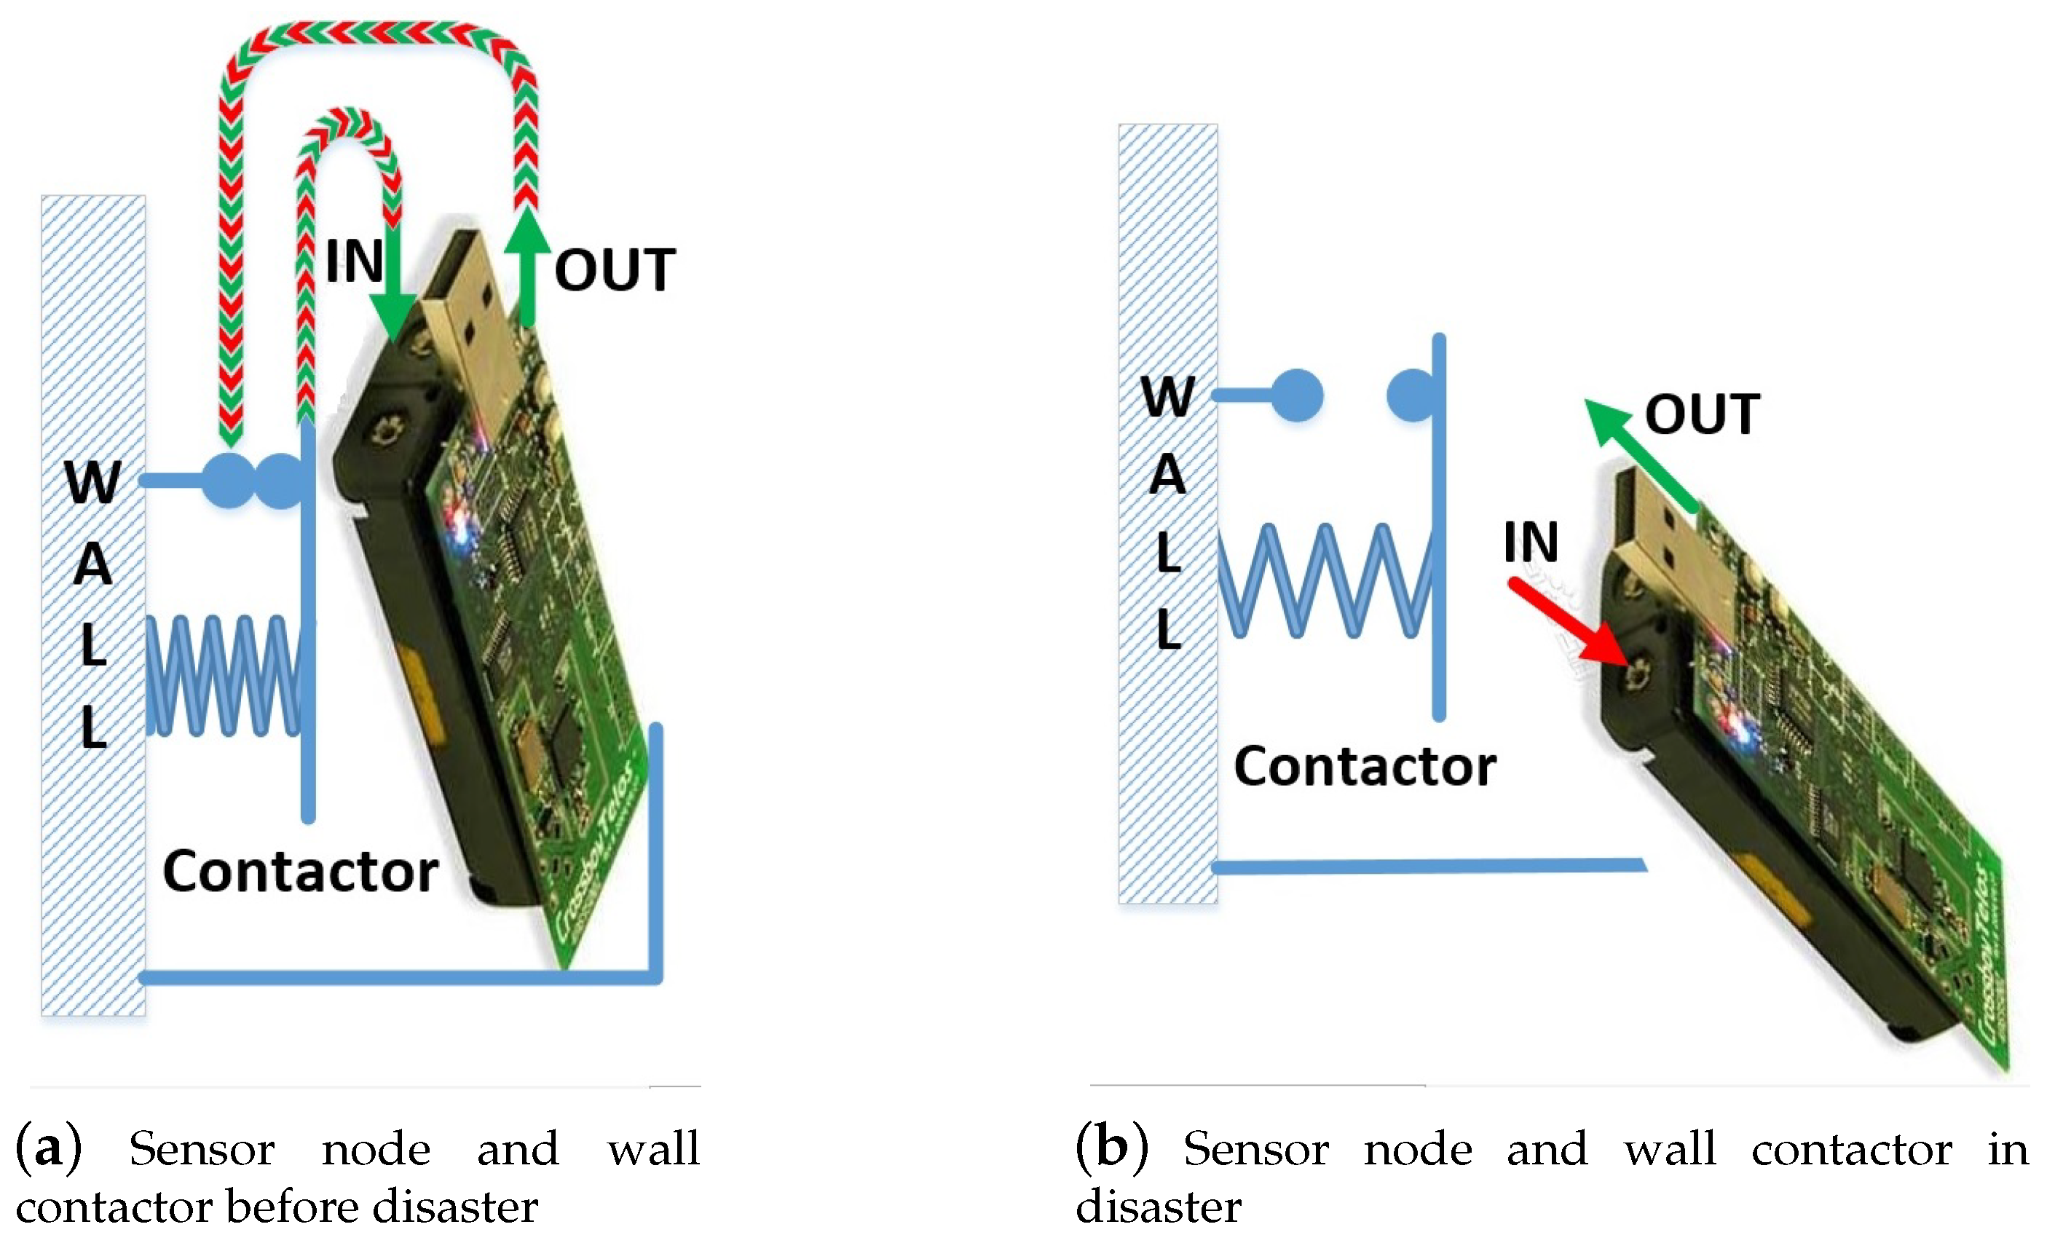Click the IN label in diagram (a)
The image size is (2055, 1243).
pyautogui.click(x=354, y=261)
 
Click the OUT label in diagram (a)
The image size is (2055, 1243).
pyautogui.click(x=614, y=270)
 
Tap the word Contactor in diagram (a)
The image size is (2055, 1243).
pyautogui.click(x=300, y=871)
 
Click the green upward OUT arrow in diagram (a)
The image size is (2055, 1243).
pyautogui.click(x=527, y=267)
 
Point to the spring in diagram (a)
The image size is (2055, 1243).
pyautogui.click(x=224, y=676)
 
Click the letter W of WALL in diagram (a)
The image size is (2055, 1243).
pyautogui.click(x=92, y=481)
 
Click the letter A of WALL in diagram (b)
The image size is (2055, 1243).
pyautogui.click(x=1167, y=475)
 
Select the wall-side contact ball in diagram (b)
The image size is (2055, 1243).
pyautogui.click(x=1297, y=395)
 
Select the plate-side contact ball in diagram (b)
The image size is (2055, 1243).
pyautogui.click(x=1411, y=395)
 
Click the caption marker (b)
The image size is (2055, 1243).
pyautogui.click(x=1111, y=1147)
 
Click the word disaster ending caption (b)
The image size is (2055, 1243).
pyautogui.click(x=1158, y=1207)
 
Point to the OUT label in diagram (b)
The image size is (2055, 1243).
pyautogui.click(x=1701, y=414)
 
